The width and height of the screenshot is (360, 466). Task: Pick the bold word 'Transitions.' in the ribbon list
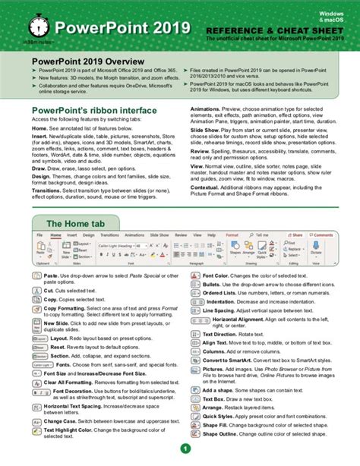(47, 187)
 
